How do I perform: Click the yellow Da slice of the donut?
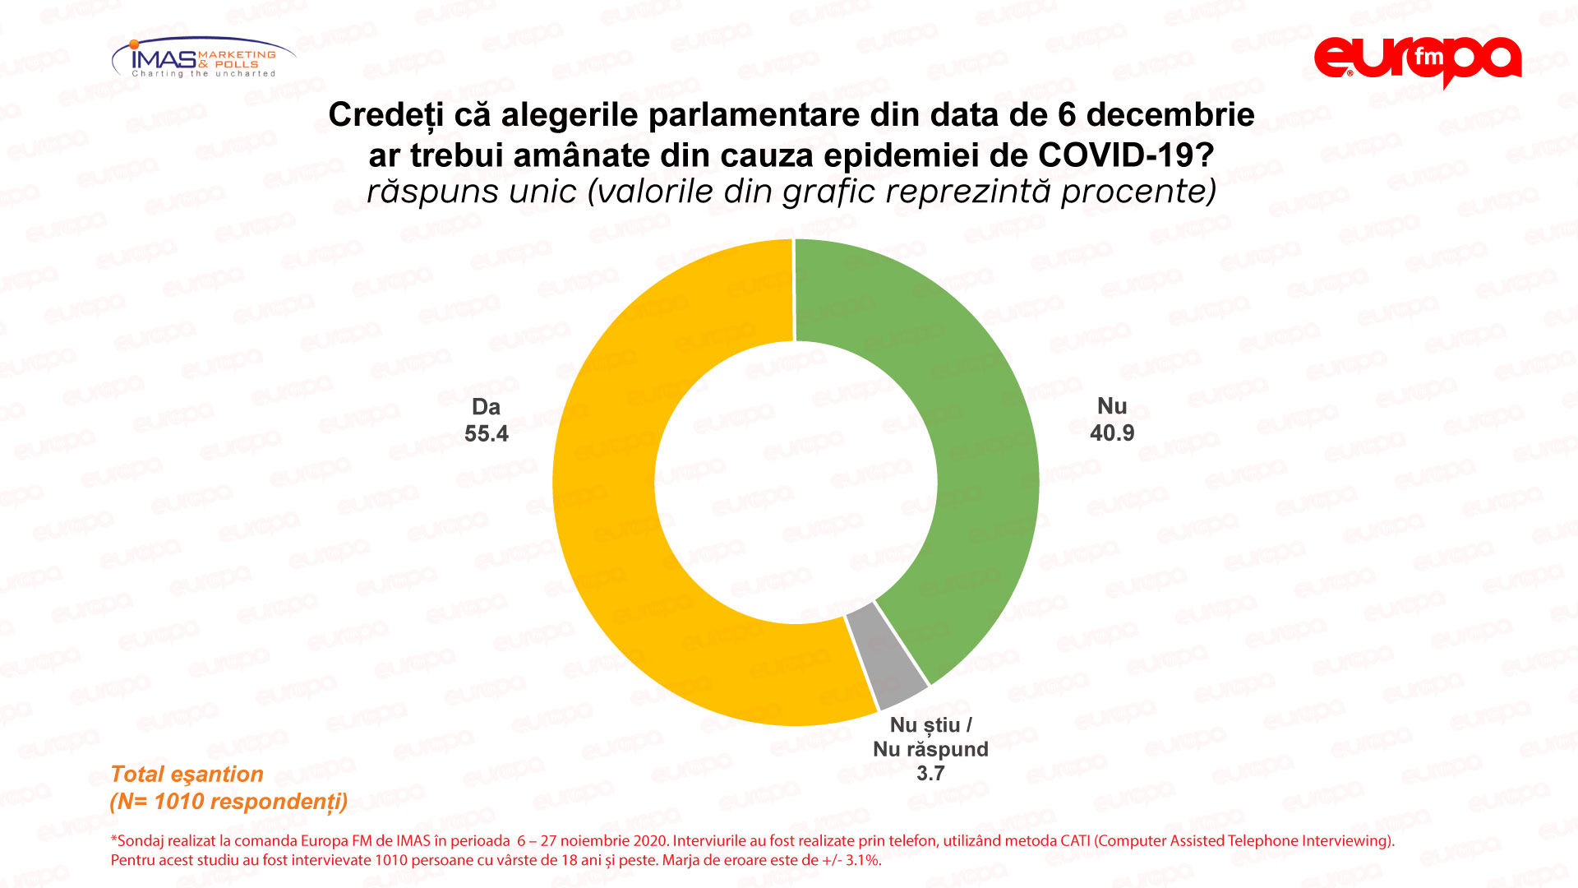(x=604, y=493)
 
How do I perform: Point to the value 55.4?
(x=486, y=434)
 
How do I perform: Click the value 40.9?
(x=1111, y=433)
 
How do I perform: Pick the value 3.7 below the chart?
(x=930, y=774)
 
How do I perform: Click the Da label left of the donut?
(x=486, y=407)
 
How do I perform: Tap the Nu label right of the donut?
(x=1111, y=406)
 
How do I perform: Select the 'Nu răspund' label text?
(x=930, y=749)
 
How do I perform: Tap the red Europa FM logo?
(x=1417, y=60)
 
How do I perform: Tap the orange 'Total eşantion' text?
(x=187, y=775)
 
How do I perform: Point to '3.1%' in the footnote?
(x=863, y=861)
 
